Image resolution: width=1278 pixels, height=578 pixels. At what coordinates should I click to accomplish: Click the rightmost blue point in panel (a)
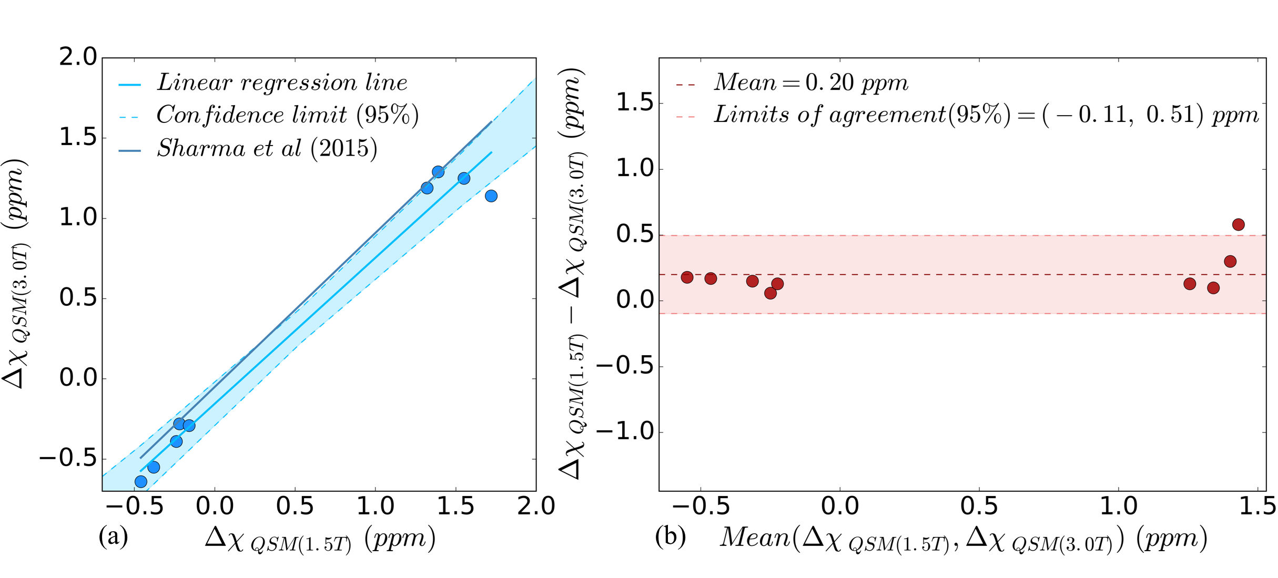point(491,196)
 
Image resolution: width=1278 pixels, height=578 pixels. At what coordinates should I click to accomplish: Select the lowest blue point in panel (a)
point(140,482)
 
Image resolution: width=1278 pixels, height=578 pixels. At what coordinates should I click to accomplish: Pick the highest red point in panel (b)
point(1239,224)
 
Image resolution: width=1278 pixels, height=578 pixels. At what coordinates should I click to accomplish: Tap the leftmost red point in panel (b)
point(687,277)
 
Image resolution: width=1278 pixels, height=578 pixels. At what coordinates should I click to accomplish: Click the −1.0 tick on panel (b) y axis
point(623,432)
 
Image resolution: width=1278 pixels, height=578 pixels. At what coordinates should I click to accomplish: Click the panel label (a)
point(113,537)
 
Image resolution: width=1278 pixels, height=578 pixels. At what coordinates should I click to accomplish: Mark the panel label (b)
point(671,537)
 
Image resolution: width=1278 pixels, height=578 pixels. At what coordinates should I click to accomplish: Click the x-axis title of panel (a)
point(320,540)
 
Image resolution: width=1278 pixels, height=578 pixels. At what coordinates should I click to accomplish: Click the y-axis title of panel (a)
point(16,273)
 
